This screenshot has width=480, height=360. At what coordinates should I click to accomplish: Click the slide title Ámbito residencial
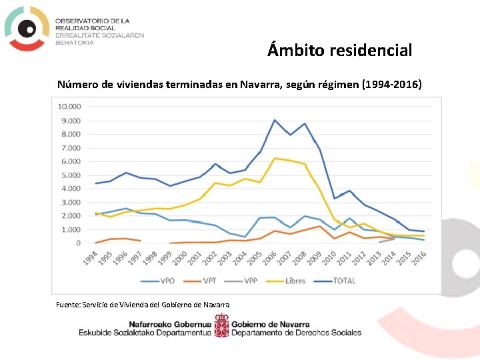(340, 50)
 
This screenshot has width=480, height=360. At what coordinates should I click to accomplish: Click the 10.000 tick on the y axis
(69, 107)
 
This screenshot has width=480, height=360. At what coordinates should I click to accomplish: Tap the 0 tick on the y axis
(78, 243)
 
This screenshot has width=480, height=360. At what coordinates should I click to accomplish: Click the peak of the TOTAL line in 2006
(275, 120)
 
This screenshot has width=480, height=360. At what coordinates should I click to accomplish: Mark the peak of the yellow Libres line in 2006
(275, 158)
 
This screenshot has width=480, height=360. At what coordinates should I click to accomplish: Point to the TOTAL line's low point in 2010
(334, 198)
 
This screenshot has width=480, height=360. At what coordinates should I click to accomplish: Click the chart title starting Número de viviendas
(239, 85)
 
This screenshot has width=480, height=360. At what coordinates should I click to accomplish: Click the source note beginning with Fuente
(143, 305)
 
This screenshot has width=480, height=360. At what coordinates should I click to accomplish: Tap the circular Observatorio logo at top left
(27, 28)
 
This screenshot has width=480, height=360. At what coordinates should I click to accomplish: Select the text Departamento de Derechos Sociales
(297, 333)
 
